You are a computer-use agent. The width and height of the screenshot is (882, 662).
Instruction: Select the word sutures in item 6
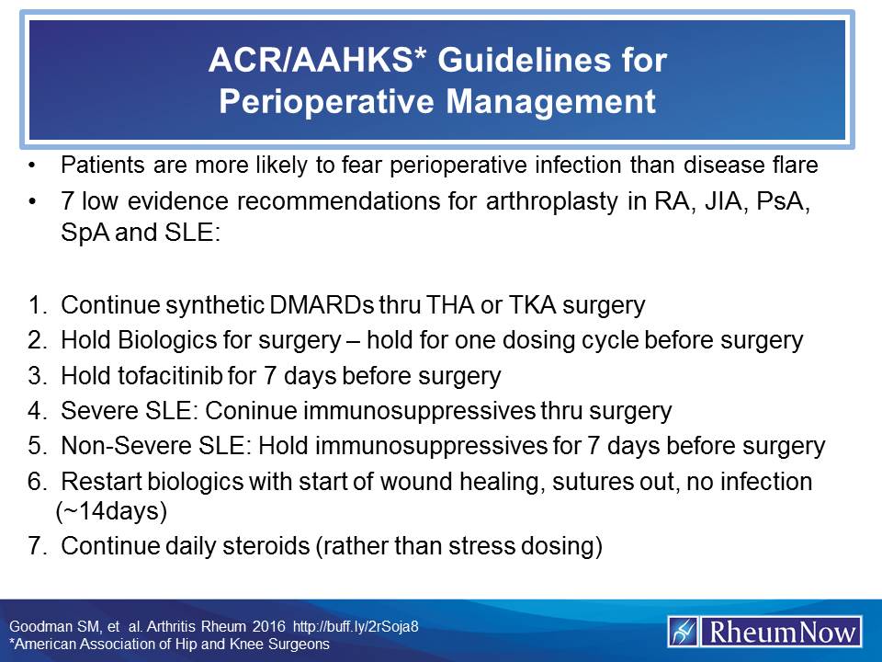(x=587, y=482)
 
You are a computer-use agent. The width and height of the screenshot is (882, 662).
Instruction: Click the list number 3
(x=36, y=375)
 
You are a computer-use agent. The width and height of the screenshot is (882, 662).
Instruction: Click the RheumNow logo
(x=764, y=631)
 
